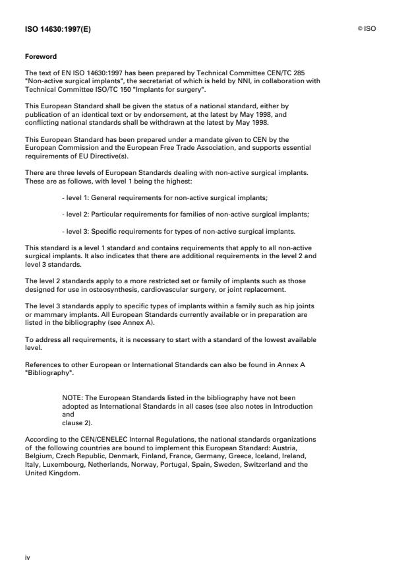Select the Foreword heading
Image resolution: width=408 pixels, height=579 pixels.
pos(39,57)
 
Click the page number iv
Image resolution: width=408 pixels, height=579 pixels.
pos(28,557)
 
